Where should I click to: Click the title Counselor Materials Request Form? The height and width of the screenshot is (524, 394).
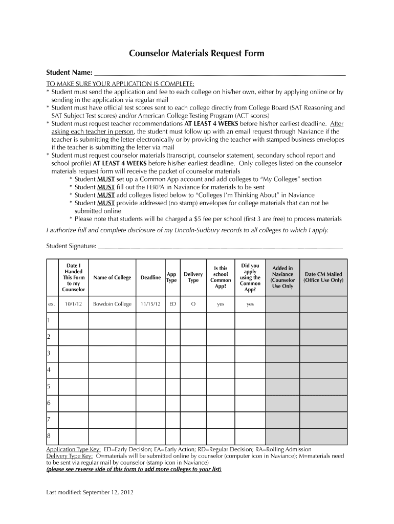point(196,53)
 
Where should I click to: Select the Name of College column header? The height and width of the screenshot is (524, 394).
point(112,278)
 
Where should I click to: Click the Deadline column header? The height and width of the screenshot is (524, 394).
point(150,278)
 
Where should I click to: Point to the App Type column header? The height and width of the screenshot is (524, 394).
point(172,278)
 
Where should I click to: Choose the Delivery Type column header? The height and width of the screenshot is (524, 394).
point(193,278)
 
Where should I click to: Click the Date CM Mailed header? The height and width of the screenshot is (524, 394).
point(323,278)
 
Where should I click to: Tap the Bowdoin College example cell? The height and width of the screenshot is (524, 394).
point(112,304)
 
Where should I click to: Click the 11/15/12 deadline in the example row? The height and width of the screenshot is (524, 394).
point(150,304)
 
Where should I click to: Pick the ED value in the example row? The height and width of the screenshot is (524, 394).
point(172,304)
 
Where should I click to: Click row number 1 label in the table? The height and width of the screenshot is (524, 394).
point(49,320)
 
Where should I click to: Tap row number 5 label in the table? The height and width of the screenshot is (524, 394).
point(49,386)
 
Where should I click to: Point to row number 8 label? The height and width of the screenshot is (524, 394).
point(49,436)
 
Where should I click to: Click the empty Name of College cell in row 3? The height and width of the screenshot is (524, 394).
point(112,354)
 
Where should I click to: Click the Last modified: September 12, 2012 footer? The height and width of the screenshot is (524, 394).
point(90,492)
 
